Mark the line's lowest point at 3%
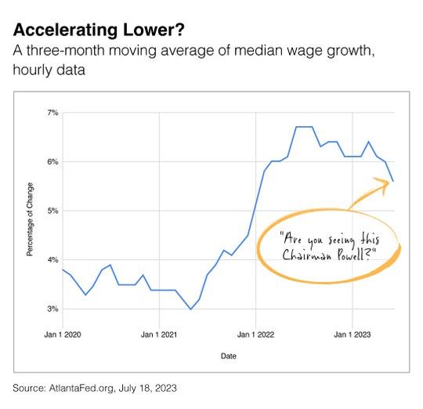(190, 309)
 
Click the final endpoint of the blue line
(393, 181)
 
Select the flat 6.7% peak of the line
(304, 127)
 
